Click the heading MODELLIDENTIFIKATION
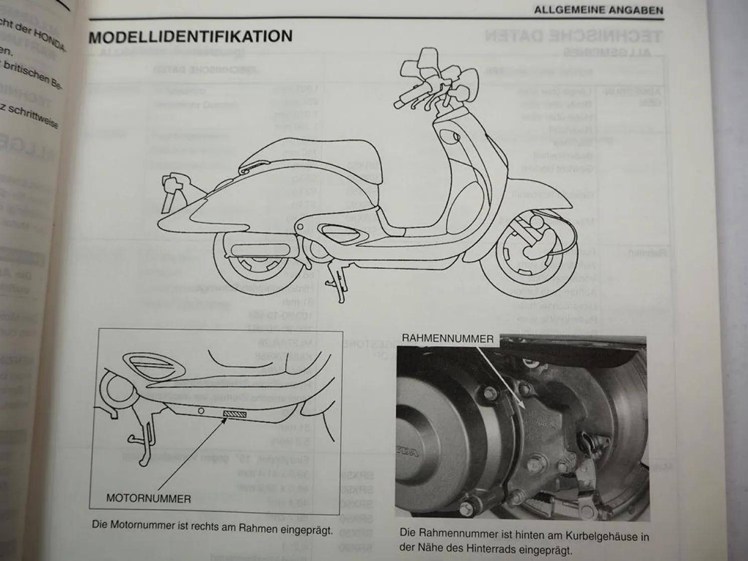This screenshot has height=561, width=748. click(190, 37)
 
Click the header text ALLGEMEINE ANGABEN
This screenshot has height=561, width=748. click(598, 10)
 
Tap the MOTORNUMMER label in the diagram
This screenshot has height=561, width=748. click(149, 498)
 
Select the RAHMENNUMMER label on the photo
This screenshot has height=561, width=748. click(447, 339)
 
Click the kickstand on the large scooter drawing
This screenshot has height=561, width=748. click(339, 284)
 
